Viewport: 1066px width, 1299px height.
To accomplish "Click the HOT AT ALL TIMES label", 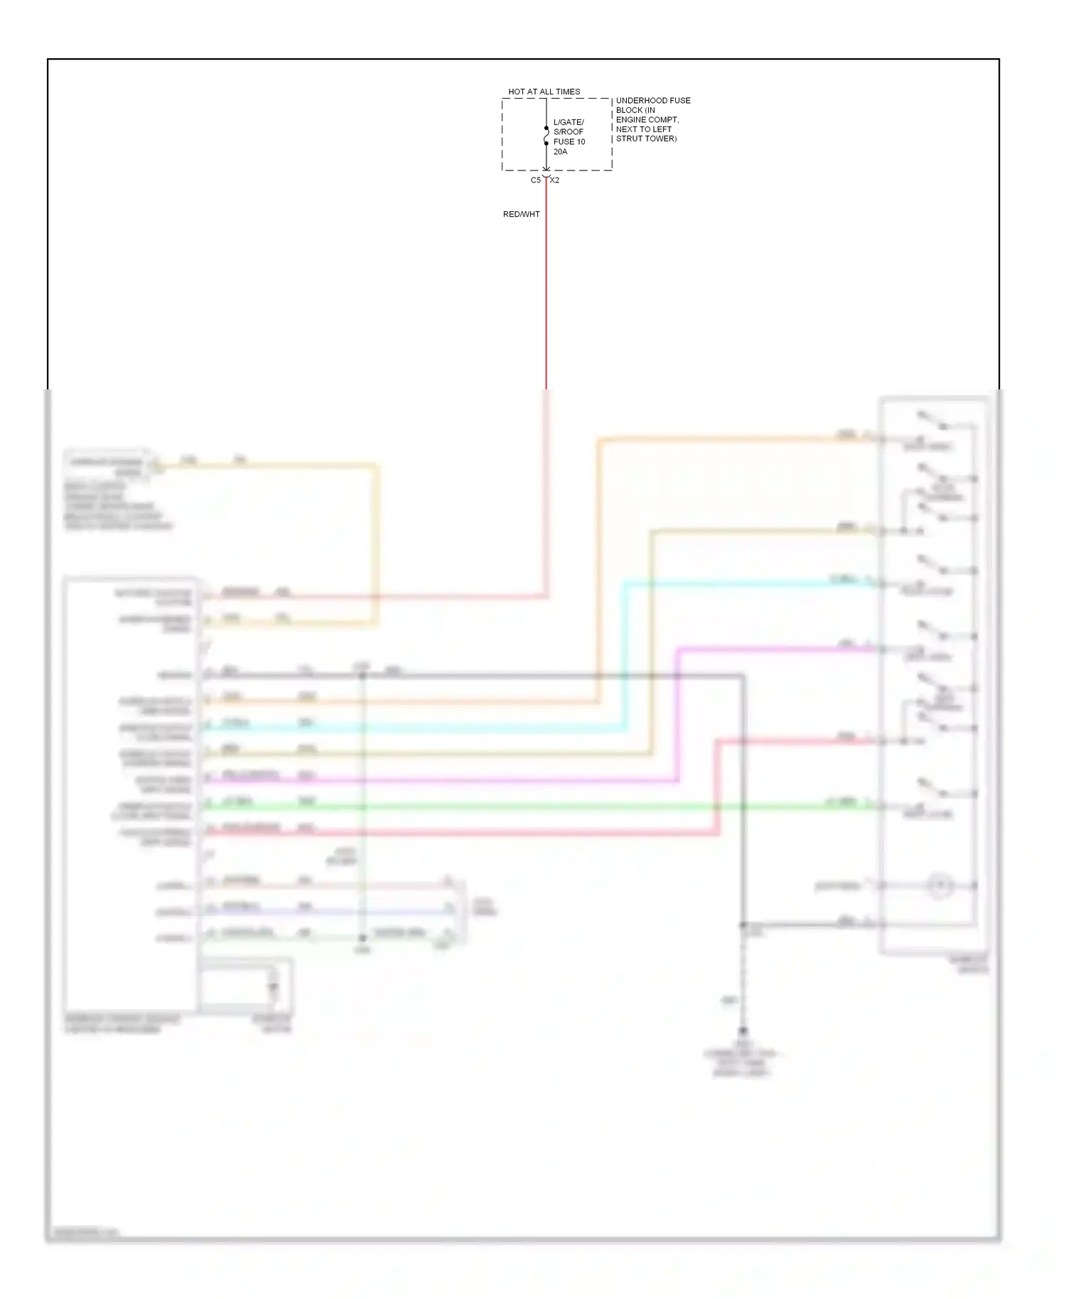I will click(544, 92).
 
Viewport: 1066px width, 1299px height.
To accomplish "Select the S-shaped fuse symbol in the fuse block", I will click(546, 136).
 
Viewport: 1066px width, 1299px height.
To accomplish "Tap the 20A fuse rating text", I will click(560, 151).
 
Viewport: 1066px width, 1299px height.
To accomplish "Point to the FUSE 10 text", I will click(569, 141).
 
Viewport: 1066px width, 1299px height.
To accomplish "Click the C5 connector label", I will click(535, 180).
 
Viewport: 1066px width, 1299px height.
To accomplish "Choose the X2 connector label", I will click(555, 180).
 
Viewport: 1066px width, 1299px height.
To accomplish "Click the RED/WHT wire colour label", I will click(521, 214).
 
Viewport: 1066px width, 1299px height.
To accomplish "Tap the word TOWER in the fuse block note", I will click(660, 139).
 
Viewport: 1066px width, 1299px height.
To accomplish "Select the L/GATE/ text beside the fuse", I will click(569, 122).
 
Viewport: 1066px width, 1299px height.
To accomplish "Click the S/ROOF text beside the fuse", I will click(568, 131).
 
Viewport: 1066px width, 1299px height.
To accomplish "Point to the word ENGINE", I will click(630, 119).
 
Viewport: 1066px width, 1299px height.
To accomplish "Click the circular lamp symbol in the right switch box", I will click(940, 885).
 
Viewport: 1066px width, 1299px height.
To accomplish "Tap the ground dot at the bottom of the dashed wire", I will click(743, 1030).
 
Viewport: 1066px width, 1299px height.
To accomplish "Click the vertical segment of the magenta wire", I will click(677, 714).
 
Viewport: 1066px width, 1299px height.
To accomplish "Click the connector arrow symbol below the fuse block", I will click(546, 175).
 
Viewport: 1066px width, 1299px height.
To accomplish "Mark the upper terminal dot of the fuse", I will click(546, 128).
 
